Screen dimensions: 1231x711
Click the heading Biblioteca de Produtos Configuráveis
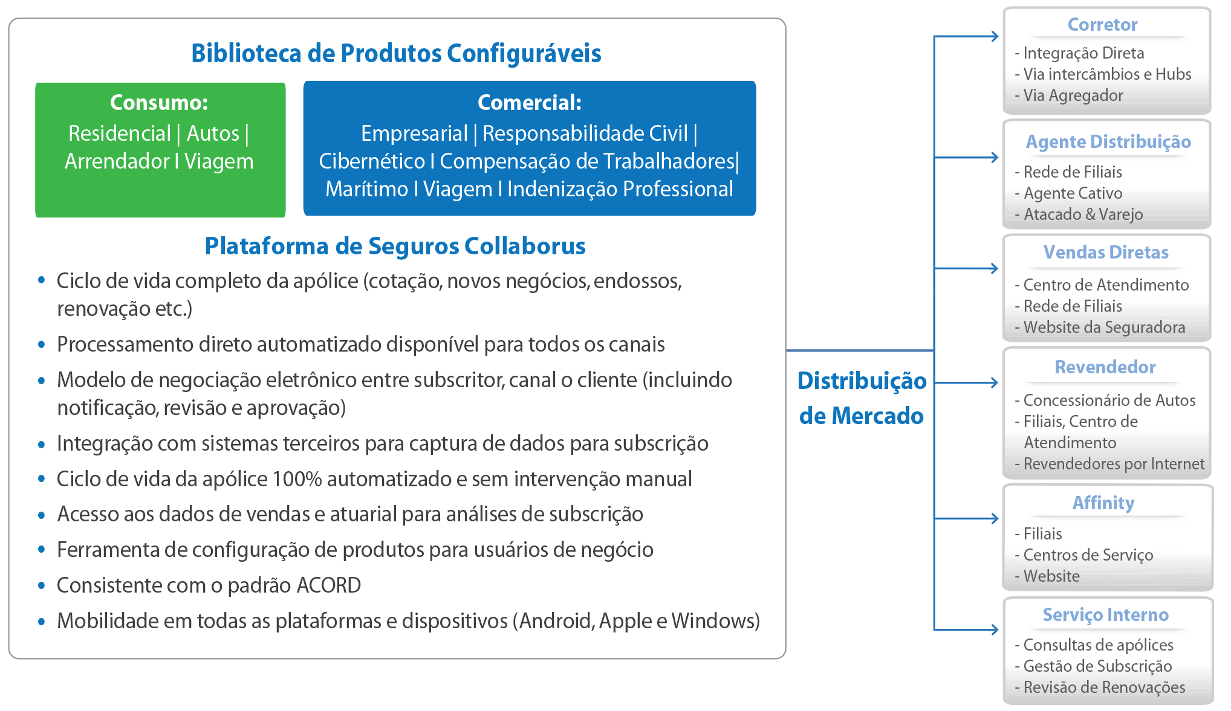coord(396,53)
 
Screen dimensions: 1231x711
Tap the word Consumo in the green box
coord(155,103)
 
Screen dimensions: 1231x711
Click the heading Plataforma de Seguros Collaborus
coord(395,246)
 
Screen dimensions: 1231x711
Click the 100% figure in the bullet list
coord(297,478)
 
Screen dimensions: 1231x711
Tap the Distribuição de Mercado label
coord(862,398)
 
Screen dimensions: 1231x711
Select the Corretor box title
coord(1102,25)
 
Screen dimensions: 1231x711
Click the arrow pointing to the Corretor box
coord(966,36)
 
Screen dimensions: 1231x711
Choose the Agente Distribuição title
coord(1108,142)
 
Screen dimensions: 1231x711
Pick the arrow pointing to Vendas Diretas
coord(966,268)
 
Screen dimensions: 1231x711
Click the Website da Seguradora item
coord(1104,327)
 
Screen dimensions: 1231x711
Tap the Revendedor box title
coord(1105,367)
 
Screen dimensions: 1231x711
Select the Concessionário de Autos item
coord(1109,401)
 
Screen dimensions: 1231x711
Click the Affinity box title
coord(1103,503)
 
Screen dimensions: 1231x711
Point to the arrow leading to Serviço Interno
coord(966,629)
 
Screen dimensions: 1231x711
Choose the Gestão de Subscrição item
coord(1097,666)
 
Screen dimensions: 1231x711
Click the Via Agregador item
coord(1073,95)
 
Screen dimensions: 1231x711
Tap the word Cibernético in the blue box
coord(372,161)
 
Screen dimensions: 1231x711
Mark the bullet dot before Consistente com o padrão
coord(41,585)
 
